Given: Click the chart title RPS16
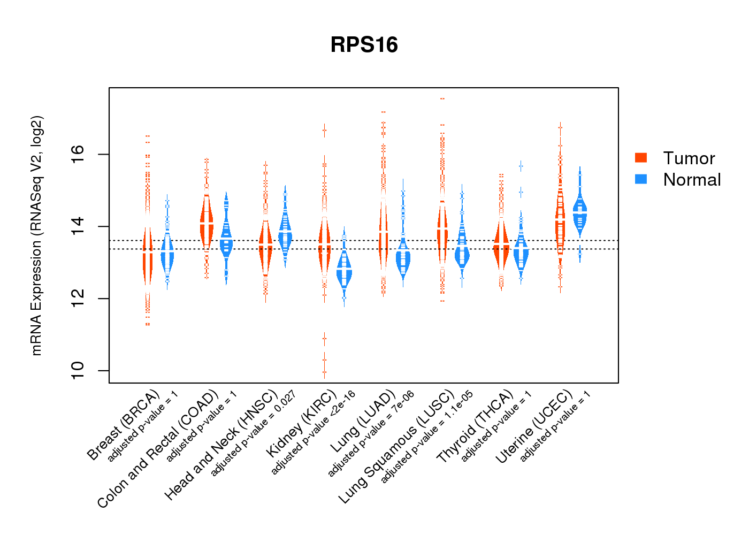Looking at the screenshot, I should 364,45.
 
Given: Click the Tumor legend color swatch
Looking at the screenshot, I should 641,157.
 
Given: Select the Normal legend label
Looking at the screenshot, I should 692,180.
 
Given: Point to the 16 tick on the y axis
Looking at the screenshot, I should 78,154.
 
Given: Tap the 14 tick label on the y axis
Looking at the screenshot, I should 78,226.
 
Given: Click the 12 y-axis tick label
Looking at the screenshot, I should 78,299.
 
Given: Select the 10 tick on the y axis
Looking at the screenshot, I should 78,370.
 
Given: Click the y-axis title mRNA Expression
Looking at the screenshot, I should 36,235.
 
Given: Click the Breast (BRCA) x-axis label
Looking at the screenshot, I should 123,425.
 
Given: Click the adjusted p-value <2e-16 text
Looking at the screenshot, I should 314,432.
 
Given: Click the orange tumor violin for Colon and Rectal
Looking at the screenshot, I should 207,222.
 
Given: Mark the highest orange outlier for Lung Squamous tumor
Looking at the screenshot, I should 442,99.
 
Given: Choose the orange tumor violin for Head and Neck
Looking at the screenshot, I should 265,243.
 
